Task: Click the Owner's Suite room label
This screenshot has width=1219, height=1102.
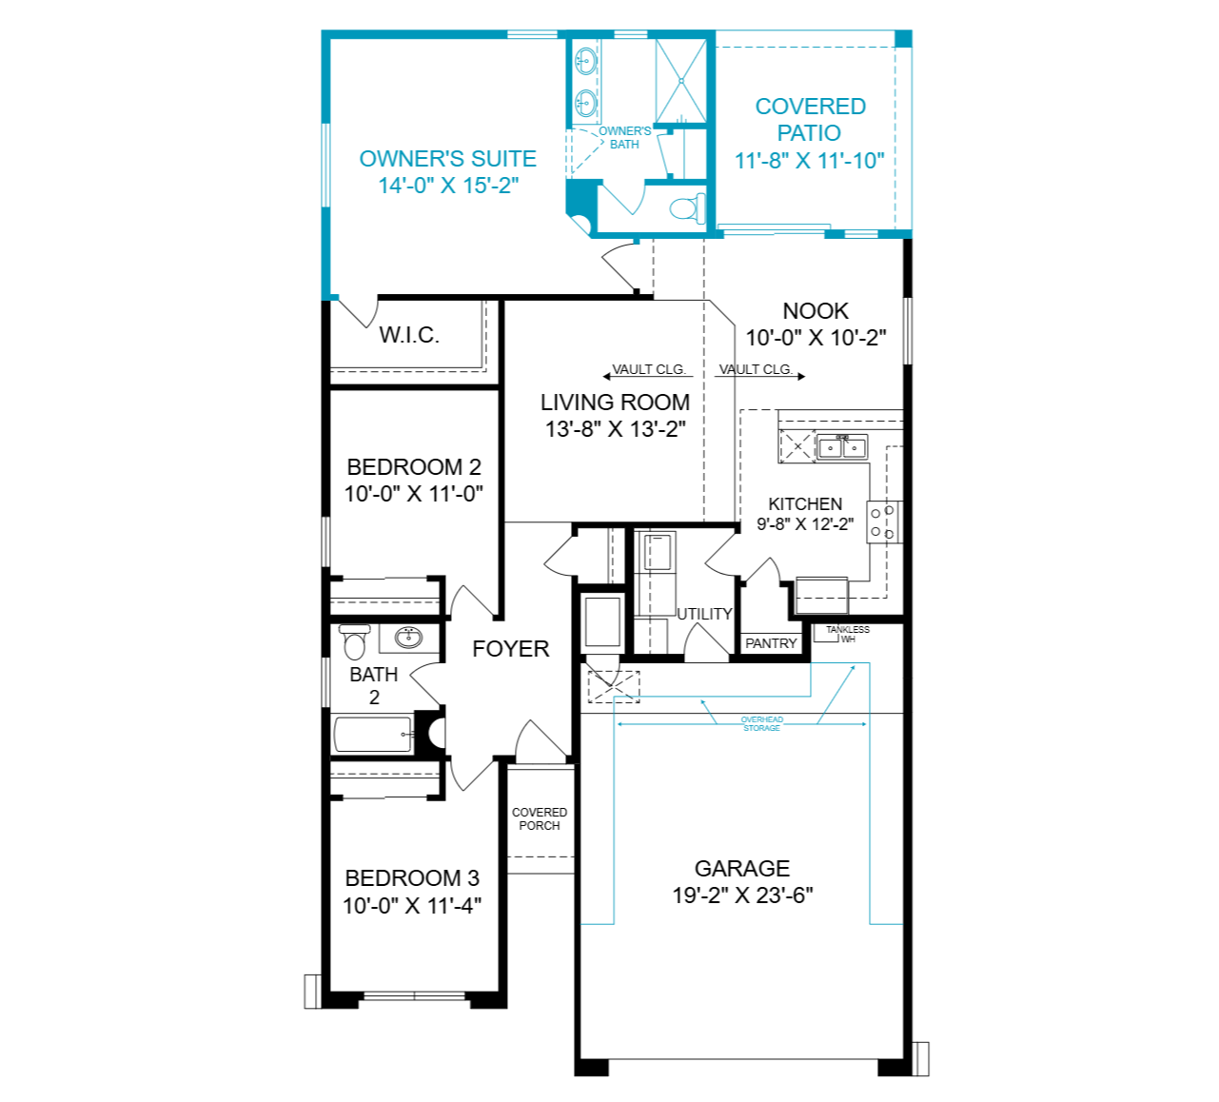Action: [x=448, y=159]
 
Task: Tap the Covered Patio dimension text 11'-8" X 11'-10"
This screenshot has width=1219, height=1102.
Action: [x=810, y=161]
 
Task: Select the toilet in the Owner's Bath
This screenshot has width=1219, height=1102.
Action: [x=687, y=207]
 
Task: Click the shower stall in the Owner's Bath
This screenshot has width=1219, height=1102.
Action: [x=681, y=81]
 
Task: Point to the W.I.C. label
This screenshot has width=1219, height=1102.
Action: [x=409, y=335]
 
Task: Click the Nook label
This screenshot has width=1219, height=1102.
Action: [x=816, y=310]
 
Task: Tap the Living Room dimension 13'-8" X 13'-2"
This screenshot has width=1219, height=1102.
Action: [x=615, y=429]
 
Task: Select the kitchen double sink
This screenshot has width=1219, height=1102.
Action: [x=841, y=447]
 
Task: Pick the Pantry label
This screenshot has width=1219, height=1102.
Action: [x=771, y=643]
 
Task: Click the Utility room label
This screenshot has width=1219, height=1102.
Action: [x=704, y=614]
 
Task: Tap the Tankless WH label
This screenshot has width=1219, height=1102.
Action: [x=848, y=634]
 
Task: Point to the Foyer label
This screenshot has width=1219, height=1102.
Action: [x=510, y=649]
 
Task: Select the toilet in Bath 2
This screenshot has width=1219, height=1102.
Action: [x=354, y=641]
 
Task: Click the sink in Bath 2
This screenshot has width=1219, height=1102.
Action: [x=408, y=638]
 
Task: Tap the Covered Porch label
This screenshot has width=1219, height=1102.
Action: [x=540, y=818]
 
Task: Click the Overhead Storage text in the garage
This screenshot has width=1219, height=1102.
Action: [x=762, y=724]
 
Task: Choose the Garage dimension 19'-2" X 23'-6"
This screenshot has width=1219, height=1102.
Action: [x=742, y=895]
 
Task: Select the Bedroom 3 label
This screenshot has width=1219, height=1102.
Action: [x=412, y=878]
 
